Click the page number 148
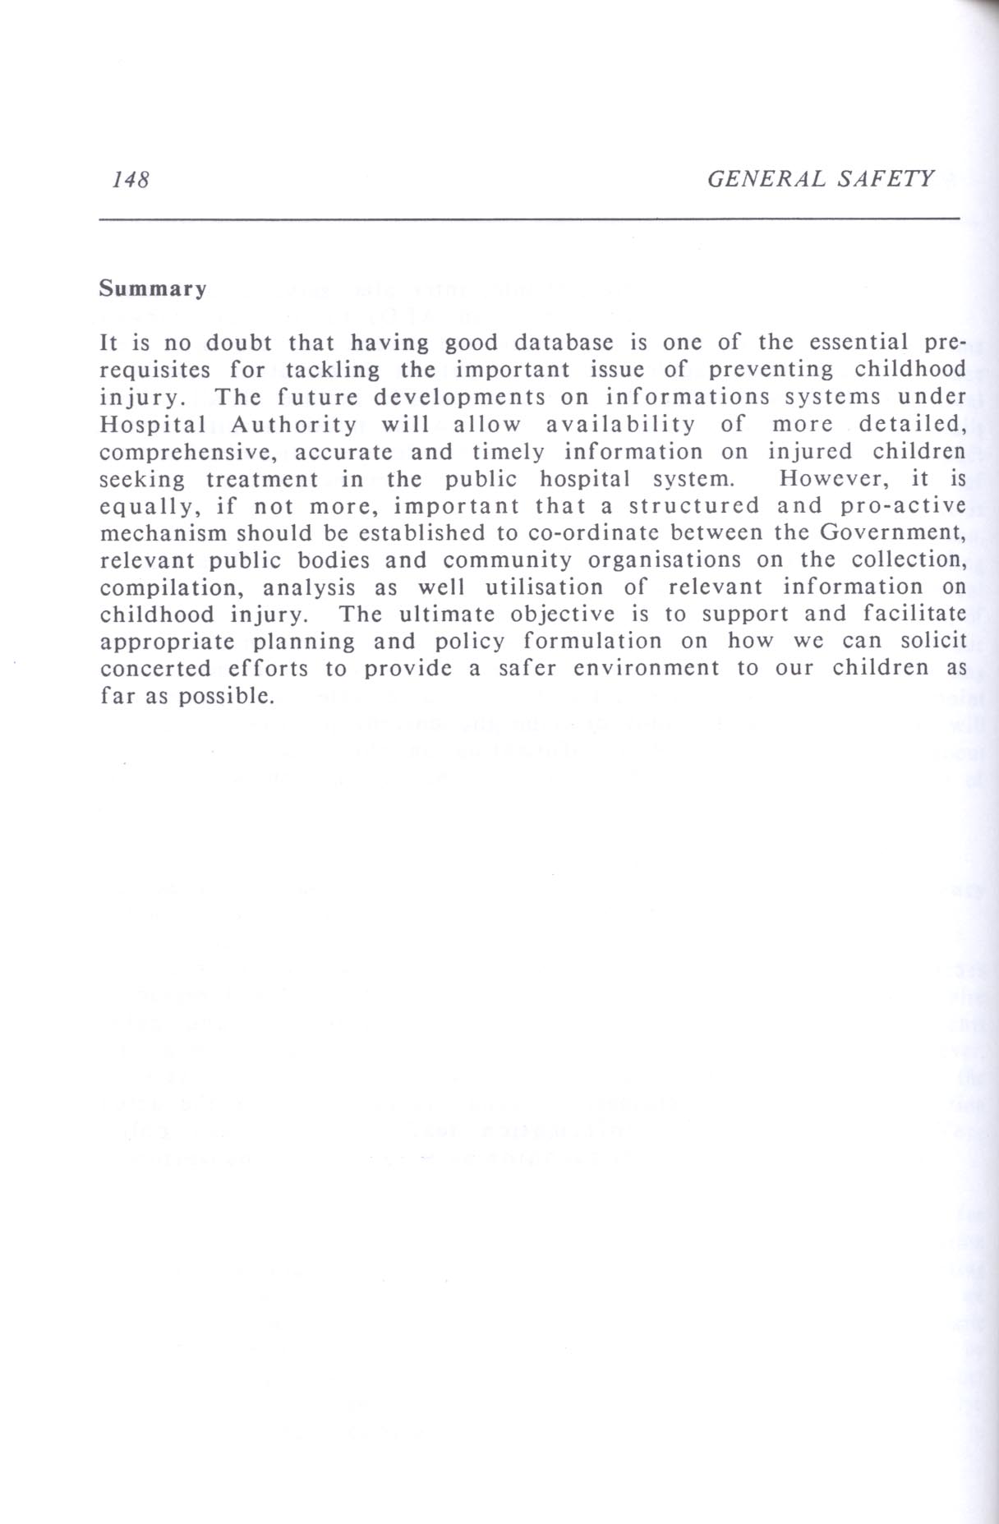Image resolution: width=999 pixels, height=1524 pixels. pos(130,180)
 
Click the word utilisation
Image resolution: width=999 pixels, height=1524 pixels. pos(543,587)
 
